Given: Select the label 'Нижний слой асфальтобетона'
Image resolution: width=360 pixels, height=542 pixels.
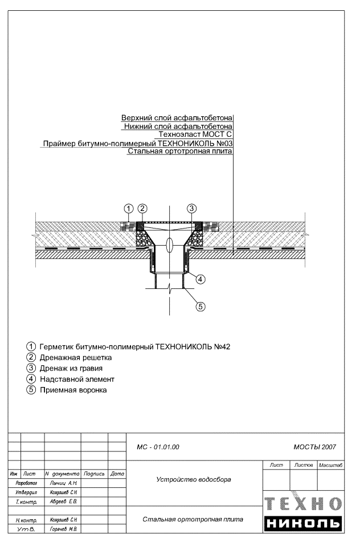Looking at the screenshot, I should tap(178, 126).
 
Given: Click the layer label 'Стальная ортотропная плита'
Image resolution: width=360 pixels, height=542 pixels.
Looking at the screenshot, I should tap(180, 150).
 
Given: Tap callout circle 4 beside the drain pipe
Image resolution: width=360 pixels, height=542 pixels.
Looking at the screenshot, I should tap(201, 279).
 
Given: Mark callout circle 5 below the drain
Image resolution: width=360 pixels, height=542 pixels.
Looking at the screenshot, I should tap(201, 306).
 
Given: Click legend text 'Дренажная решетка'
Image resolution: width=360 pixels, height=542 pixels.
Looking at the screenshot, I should tap(75, 357).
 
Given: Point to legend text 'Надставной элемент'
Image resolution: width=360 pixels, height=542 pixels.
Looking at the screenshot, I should tap(77, 379).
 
